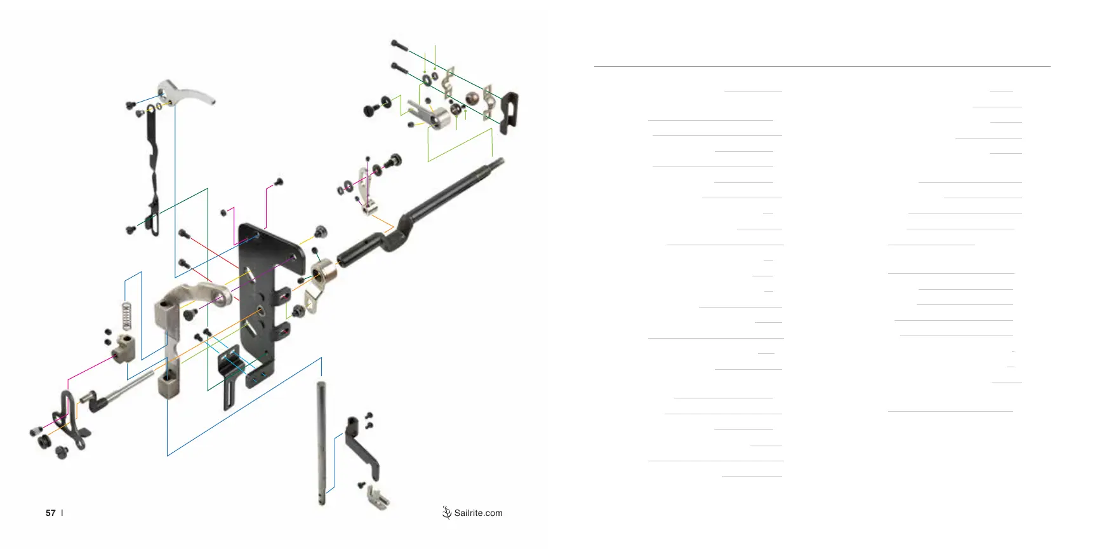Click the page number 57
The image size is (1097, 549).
pos(51,513)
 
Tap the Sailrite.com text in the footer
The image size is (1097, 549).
pos(478,513)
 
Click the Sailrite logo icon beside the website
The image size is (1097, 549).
pos(447,512)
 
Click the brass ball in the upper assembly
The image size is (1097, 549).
pos(472,98)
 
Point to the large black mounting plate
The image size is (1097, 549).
pos(263,299)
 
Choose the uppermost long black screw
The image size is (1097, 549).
pos(400,46)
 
